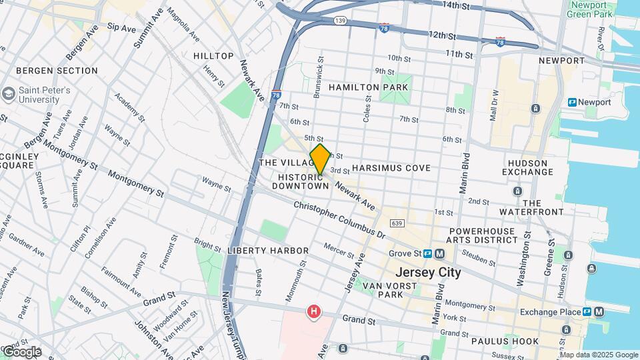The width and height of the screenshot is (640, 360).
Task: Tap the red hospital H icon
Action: (313, 311)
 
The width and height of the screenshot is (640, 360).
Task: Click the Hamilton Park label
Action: (359, 87)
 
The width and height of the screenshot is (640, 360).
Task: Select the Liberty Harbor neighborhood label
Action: (267, 251)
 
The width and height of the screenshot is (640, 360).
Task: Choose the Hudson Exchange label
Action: (530, 167)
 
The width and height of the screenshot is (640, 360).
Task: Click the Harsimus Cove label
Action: (391, 168)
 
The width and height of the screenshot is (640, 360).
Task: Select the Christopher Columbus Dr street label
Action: (339, 219)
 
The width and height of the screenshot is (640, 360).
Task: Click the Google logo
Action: (21, 351)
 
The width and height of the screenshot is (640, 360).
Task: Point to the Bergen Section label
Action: (57, 71)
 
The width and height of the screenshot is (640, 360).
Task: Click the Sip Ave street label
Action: (121, 28)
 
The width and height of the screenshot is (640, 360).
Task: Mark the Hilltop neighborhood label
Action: (213, 56)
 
